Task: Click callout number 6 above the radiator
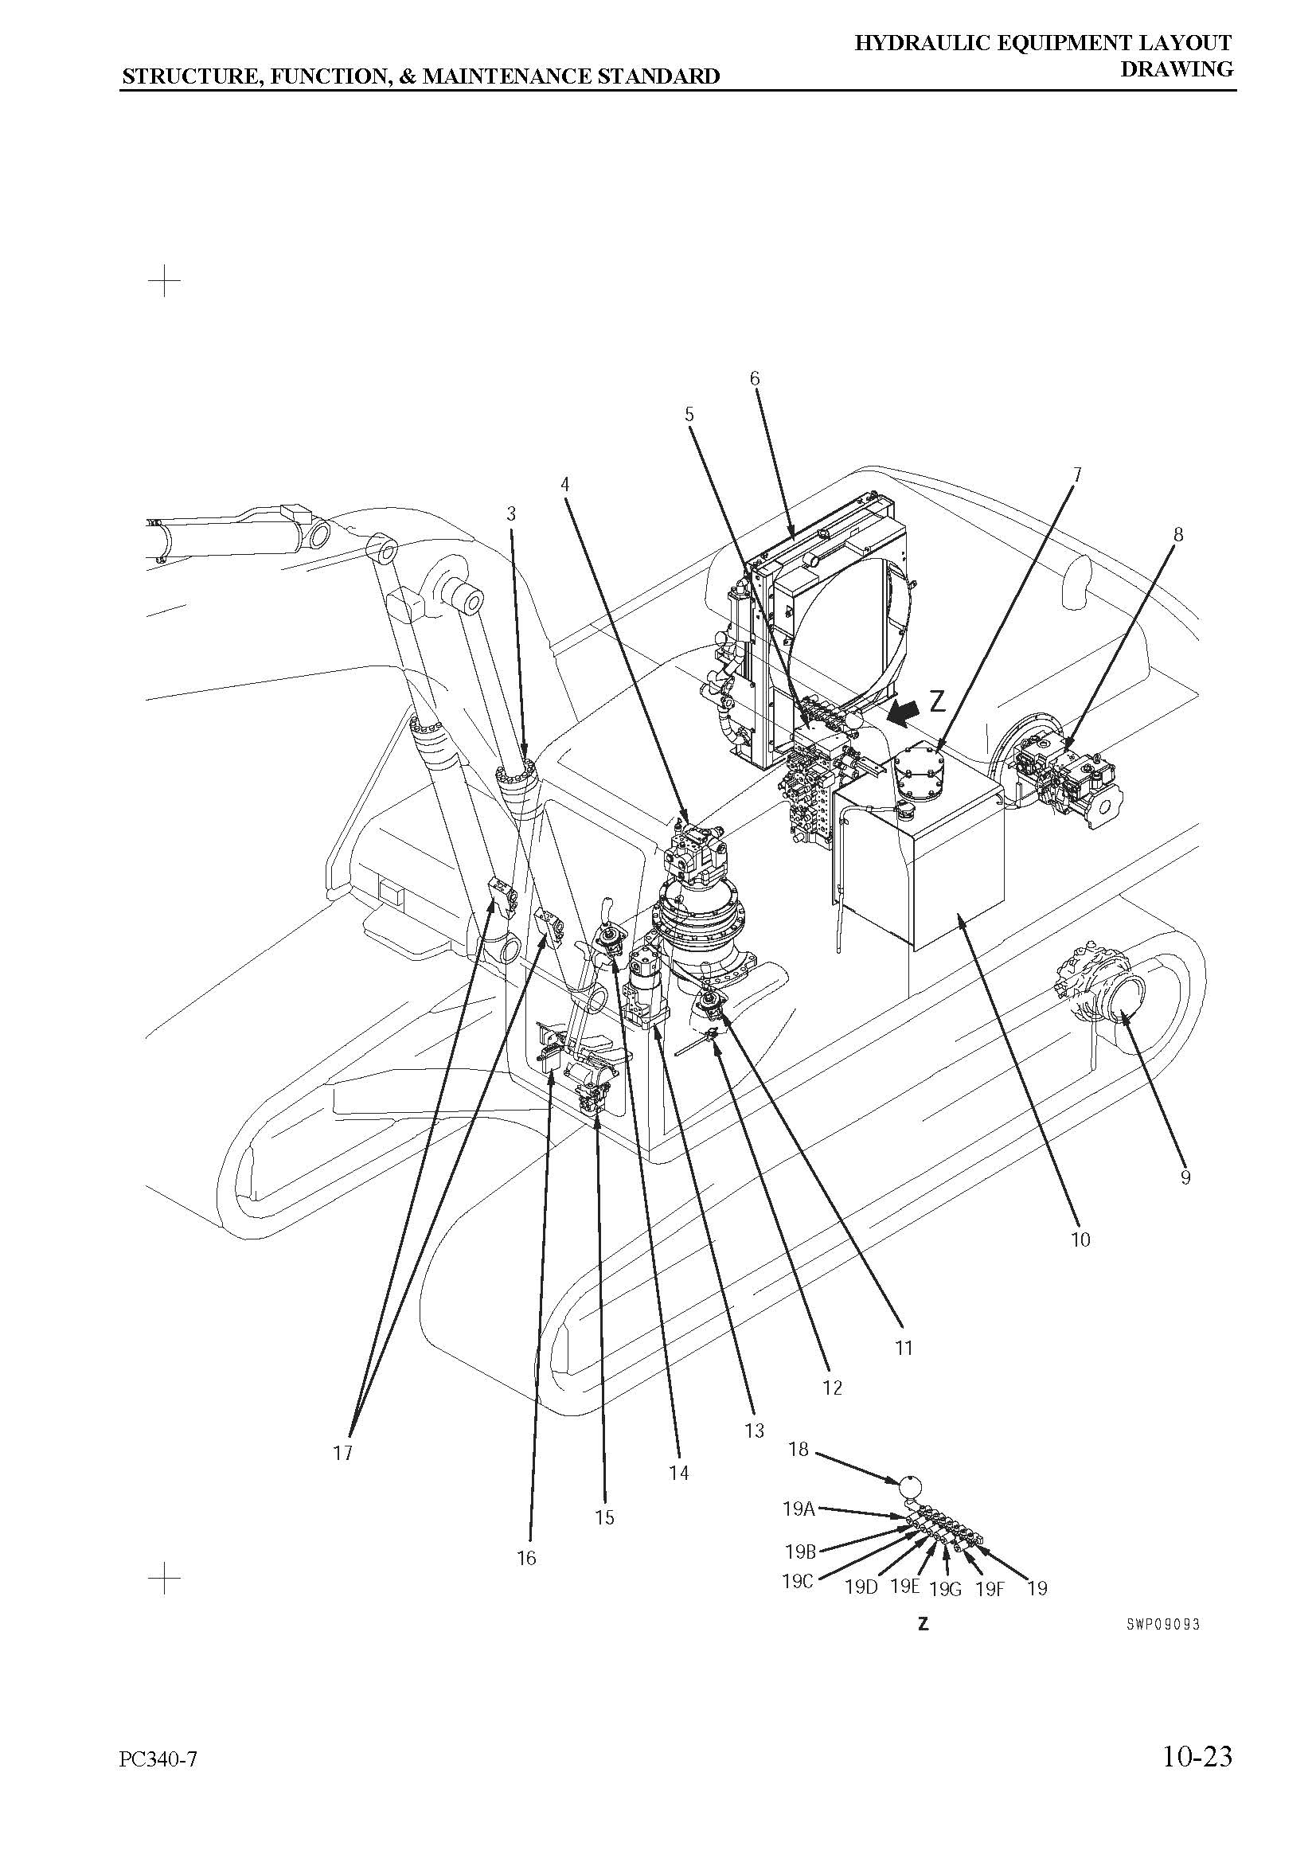754,378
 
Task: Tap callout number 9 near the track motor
1185,1177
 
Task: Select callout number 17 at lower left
343,1453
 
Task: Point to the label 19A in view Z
799,1509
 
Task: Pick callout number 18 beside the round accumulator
799,1448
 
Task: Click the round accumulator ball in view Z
911,1486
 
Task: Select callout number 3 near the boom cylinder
511,513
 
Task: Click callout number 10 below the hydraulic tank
1080,1239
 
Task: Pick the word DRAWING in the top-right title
1177,69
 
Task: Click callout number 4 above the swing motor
564,484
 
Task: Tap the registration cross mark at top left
165,280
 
